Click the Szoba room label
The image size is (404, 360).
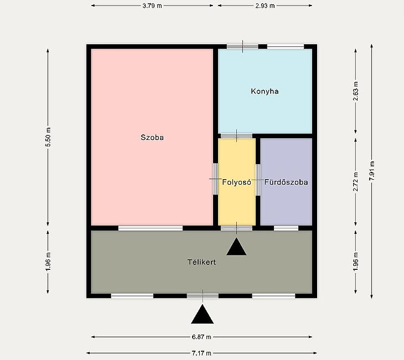tap(152, 137)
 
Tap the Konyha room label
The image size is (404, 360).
tap(265, 91)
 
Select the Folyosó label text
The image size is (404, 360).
tap(236, 182)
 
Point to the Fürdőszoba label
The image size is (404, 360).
tap(286, 182)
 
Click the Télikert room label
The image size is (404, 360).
tap(202, 262)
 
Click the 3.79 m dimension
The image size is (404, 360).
tap(152, 6)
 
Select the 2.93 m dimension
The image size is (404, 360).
tap(265, 6)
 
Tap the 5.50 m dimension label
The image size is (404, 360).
tap(48, 137)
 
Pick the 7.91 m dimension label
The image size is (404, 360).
tap(372, 171)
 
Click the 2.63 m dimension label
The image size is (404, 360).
tap(356, 91)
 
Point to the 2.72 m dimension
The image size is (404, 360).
tap(356, 182)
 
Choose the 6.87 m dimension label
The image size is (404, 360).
tap(201, 337)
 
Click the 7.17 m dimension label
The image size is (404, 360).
tap(201, 353)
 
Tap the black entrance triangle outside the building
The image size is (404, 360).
tap(203, 314)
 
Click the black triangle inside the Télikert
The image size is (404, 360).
tap(236, 247)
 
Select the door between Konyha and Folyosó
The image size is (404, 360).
tap(236, 136)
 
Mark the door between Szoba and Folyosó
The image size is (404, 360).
tap(215, 179)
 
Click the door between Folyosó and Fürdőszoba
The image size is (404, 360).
tap(258, 180)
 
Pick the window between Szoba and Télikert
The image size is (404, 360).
tap(151, 228)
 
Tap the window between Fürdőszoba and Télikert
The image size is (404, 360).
tap(286, 228)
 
